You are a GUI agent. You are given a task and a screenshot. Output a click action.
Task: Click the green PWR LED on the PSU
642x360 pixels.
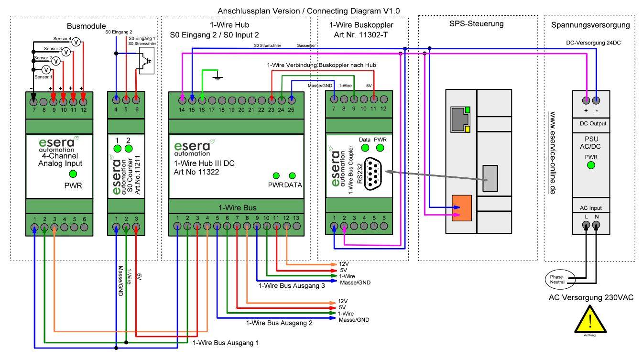coord(591,165)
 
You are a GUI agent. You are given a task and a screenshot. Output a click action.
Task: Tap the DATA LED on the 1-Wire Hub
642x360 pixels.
coord(292,175)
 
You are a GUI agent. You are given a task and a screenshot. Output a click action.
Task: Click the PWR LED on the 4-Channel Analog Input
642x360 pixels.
coord(73,173)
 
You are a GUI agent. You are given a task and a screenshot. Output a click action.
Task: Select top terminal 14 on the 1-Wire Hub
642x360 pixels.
coord(182,100)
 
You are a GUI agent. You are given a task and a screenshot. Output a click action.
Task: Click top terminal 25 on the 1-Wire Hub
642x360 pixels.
coord(291,100)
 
